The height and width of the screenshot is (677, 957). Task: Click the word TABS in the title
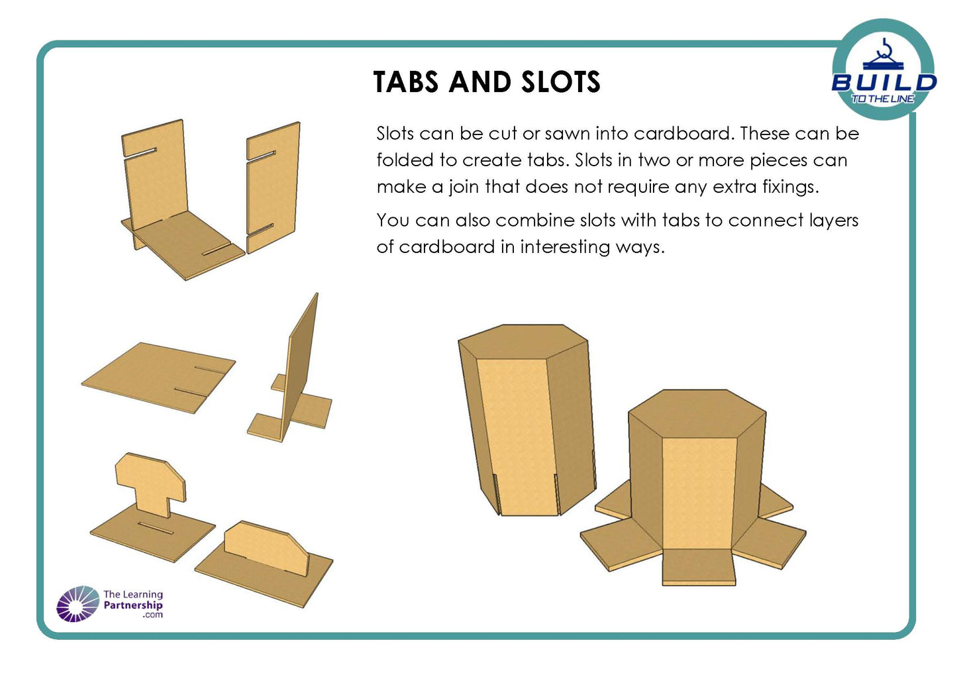[405, 82]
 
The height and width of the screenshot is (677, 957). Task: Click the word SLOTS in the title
[560, 82]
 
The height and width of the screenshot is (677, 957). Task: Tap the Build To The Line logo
[883, 70]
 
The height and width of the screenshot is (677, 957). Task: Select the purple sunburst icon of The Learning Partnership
[77, 603]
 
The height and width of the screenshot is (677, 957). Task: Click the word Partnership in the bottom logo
[133, 605]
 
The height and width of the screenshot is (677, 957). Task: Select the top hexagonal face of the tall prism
[523, 341]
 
